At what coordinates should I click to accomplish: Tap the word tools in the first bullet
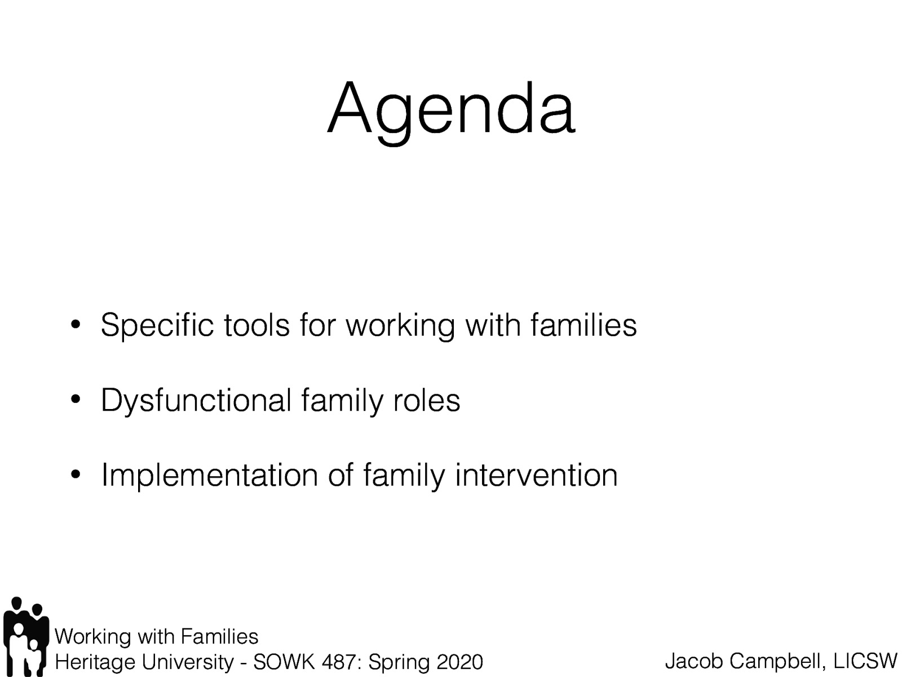(257, 326)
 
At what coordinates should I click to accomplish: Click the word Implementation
(209, 476)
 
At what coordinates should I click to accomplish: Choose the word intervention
(536, 475)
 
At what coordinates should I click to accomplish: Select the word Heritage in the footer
(89, 662)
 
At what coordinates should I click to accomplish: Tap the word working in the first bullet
(400, 326)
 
